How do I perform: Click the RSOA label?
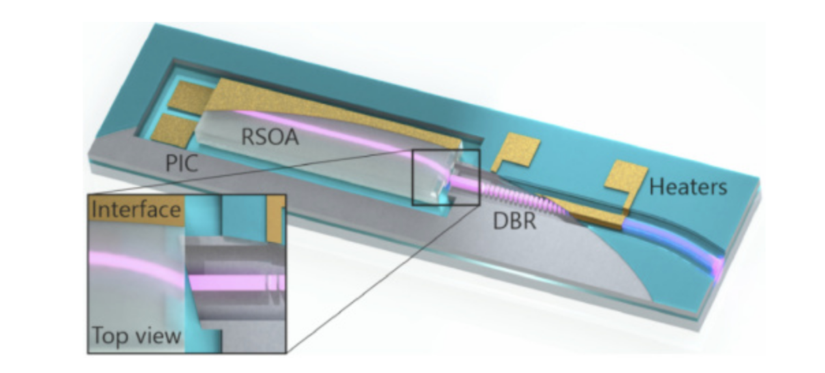tap(270, 137)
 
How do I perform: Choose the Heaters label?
tap(687, 186)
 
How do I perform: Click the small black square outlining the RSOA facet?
tap(446, 177)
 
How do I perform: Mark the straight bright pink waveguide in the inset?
tap(232, 282)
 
